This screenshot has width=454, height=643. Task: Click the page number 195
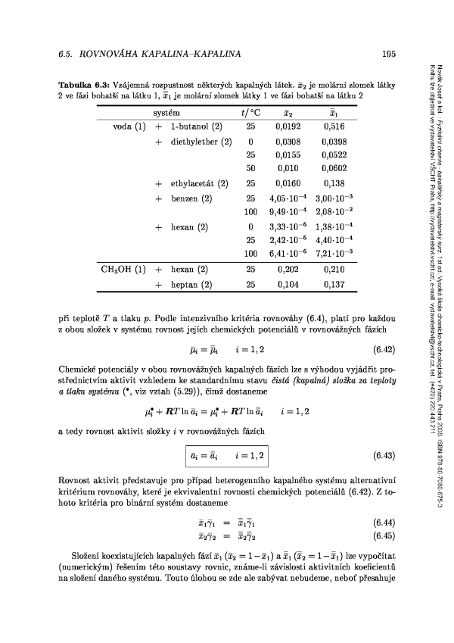pyautogui.click(x=390, y=54)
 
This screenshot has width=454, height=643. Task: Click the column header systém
pyautogui.click(x=166, y=112)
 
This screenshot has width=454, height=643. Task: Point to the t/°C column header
pyautogui.click(x=249, y=112)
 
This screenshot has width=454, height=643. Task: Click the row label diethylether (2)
pyautogui.click(x=201, y=141)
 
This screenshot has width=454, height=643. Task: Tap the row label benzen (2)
pyautogui.click(x=190, y=198)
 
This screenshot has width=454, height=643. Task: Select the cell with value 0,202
pyautogui.click(x=288, y=269)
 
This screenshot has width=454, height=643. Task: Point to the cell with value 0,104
pyautogui.click(x=288, y=285)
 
